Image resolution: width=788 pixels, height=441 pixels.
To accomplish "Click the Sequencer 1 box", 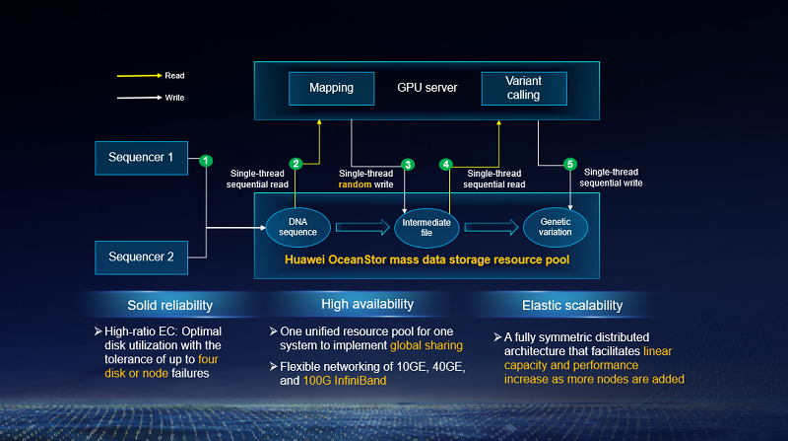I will [141, 156].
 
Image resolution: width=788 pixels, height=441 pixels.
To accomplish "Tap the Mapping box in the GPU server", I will [331, 88].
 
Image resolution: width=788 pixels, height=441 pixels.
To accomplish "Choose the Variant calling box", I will [523, 88].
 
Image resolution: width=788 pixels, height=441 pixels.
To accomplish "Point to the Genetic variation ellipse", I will [555, 227].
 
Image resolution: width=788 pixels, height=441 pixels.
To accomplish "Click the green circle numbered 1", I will [205, 160].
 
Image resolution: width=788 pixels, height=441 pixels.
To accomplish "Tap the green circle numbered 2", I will [295, 164].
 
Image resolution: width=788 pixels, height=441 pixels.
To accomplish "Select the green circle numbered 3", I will [408, 164].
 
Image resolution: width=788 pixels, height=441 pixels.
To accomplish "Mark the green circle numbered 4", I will [447, 164].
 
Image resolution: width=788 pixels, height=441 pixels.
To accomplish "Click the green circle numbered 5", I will [569, 164].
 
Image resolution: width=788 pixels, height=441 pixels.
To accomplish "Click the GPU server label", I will [427, 88].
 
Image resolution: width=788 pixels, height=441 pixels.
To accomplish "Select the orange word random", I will [355, 184].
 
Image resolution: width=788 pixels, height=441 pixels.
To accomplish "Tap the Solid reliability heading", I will [169, 304].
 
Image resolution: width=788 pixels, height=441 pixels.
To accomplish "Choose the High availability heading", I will [367, 304].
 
